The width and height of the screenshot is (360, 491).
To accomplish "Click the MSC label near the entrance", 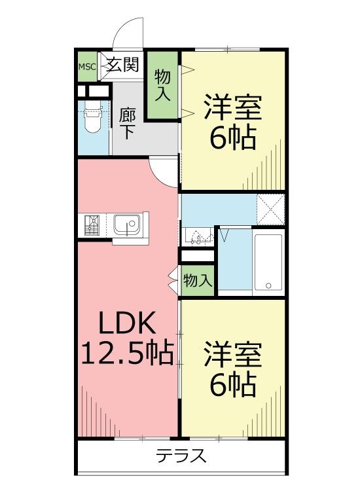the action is point(86,67).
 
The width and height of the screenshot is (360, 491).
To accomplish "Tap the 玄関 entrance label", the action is point(122,65).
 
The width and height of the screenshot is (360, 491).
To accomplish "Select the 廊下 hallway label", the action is point(127,124).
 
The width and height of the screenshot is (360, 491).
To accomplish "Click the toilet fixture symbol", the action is point(94,119).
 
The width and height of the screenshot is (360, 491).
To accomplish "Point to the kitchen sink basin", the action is point(127,225).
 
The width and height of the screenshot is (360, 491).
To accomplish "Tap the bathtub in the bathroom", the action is point(268,262).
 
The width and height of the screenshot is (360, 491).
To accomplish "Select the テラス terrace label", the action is point(181,456).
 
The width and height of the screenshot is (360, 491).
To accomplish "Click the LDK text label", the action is point(127,323).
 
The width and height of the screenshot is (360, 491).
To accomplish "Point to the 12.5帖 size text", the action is point(128,352).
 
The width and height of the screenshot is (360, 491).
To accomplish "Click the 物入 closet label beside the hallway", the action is point(162,85).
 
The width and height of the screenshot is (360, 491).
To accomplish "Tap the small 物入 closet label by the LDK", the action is point(198,281).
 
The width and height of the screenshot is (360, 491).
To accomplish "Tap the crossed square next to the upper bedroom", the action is point(270,209).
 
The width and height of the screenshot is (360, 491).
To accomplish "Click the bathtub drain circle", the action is point(268,285).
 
